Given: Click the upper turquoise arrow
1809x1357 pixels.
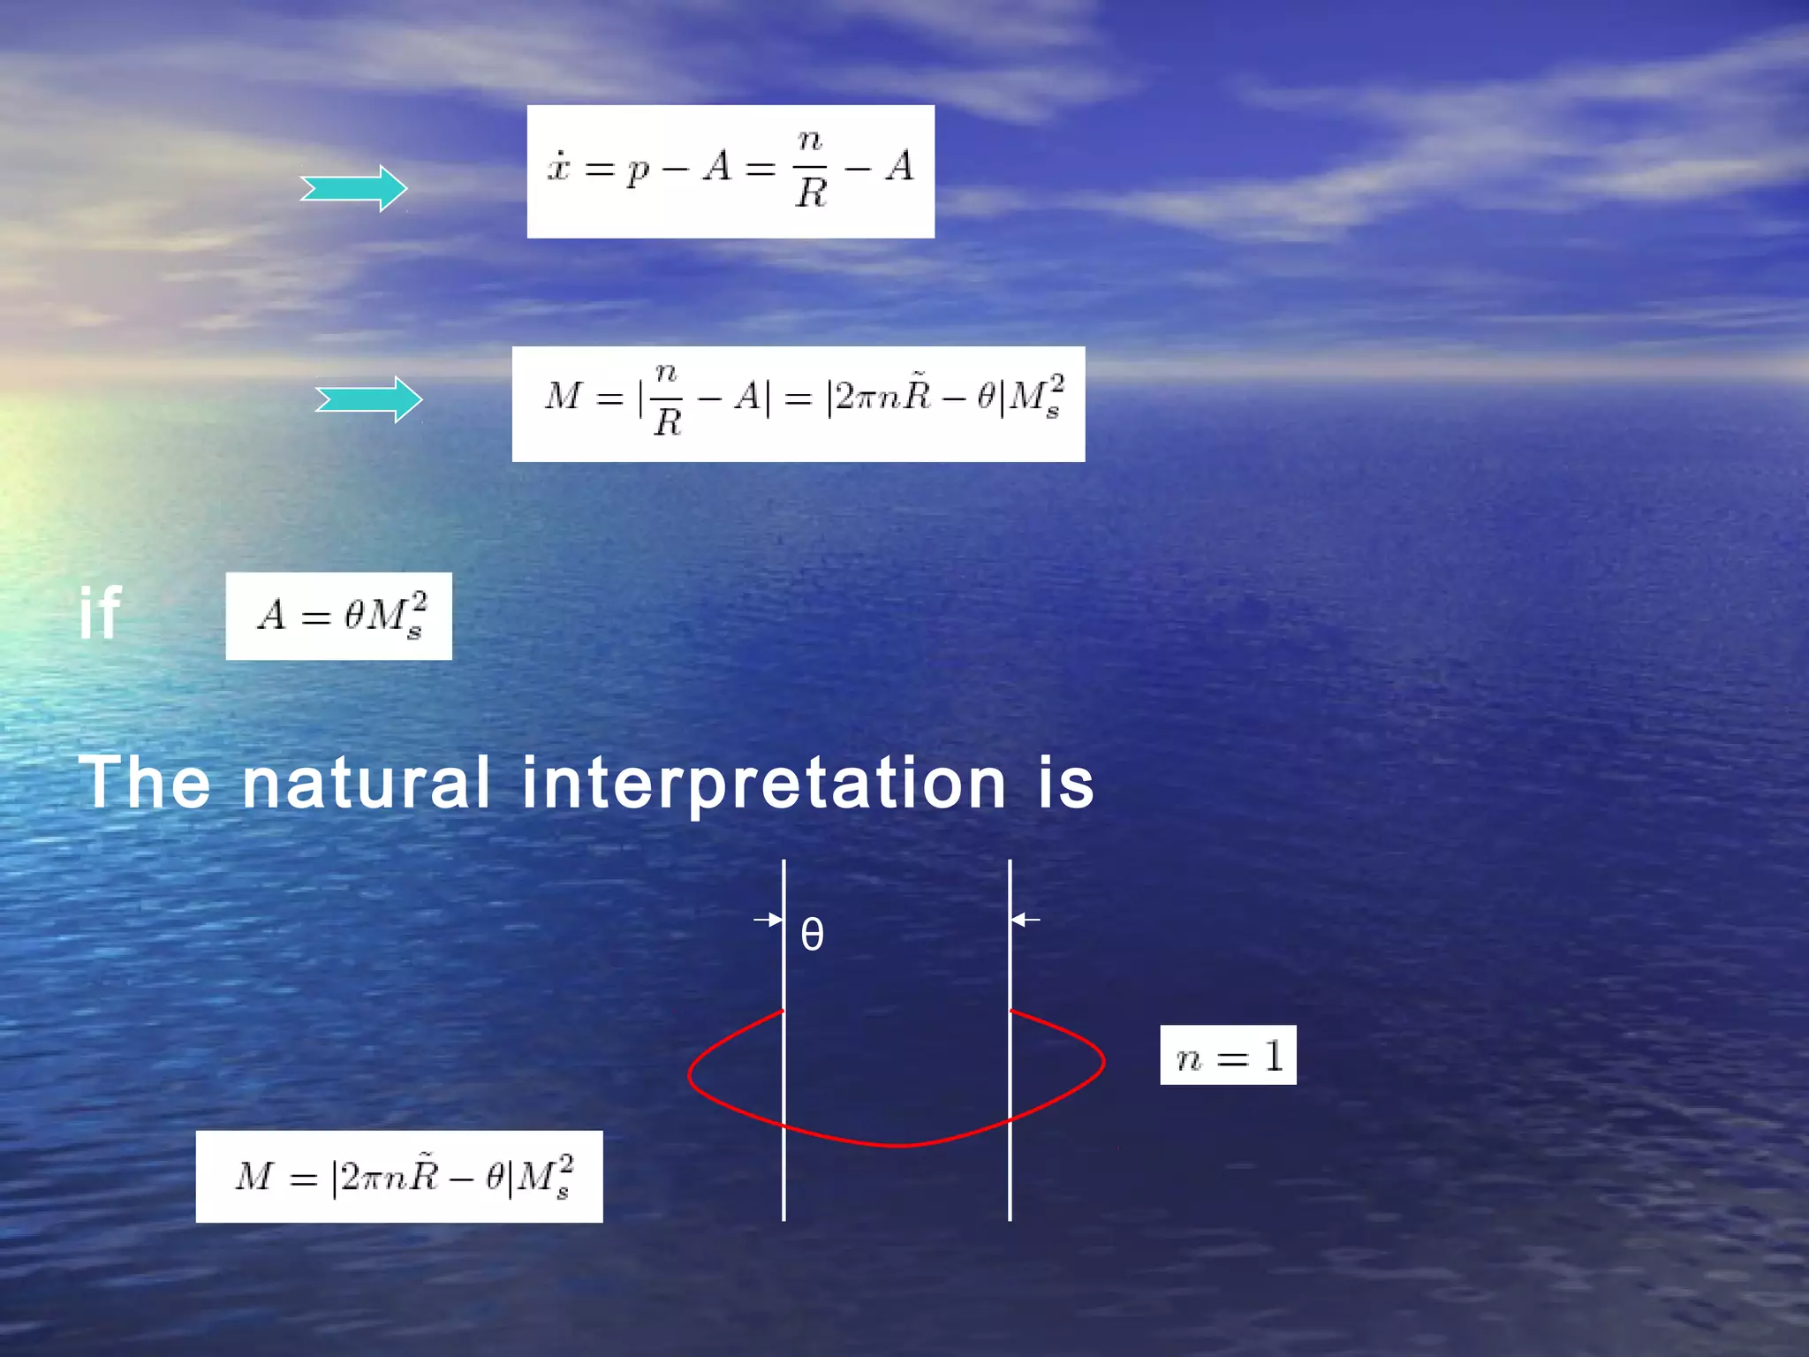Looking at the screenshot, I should (353, 188).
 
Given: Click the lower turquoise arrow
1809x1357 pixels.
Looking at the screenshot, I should (369, 400).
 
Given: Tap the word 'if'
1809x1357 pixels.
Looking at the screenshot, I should (99, 613).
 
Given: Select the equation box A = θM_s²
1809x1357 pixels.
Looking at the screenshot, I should (339, 616).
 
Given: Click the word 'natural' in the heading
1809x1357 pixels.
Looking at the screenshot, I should (366, 783).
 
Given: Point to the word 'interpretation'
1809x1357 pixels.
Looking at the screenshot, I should (764, 785).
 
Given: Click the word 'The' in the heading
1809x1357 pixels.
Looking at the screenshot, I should (145, 783).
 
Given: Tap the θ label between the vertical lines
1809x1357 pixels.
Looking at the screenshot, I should (812, 935).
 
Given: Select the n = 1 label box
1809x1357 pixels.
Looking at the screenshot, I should (1228, 1056).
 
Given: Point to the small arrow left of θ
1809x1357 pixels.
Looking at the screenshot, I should (768, 920).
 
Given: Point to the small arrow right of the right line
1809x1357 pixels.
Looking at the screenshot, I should (1026, 920).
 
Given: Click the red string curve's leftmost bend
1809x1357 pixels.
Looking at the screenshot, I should (692, 1073).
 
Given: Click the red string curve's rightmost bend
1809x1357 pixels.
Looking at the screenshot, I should (1101, 1059).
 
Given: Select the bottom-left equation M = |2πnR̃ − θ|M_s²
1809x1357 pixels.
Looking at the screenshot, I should (399, 1177).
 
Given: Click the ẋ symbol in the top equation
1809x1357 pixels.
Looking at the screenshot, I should (558, 166).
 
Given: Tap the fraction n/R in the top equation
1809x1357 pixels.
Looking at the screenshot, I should (811, 168).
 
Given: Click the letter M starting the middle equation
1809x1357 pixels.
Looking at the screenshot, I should (564, 396).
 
